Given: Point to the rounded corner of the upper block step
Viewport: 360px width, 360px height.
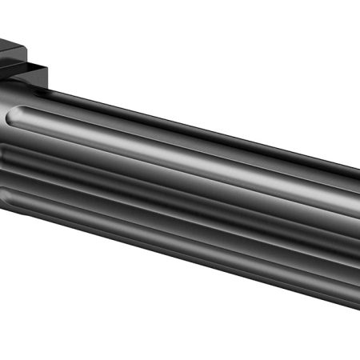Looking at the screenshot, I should pyautogui.click(x=40, y=50).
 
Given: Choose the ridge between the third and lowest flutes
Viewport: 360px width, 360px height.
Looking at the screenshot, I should pyautogui.click(x=160, y=214).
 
